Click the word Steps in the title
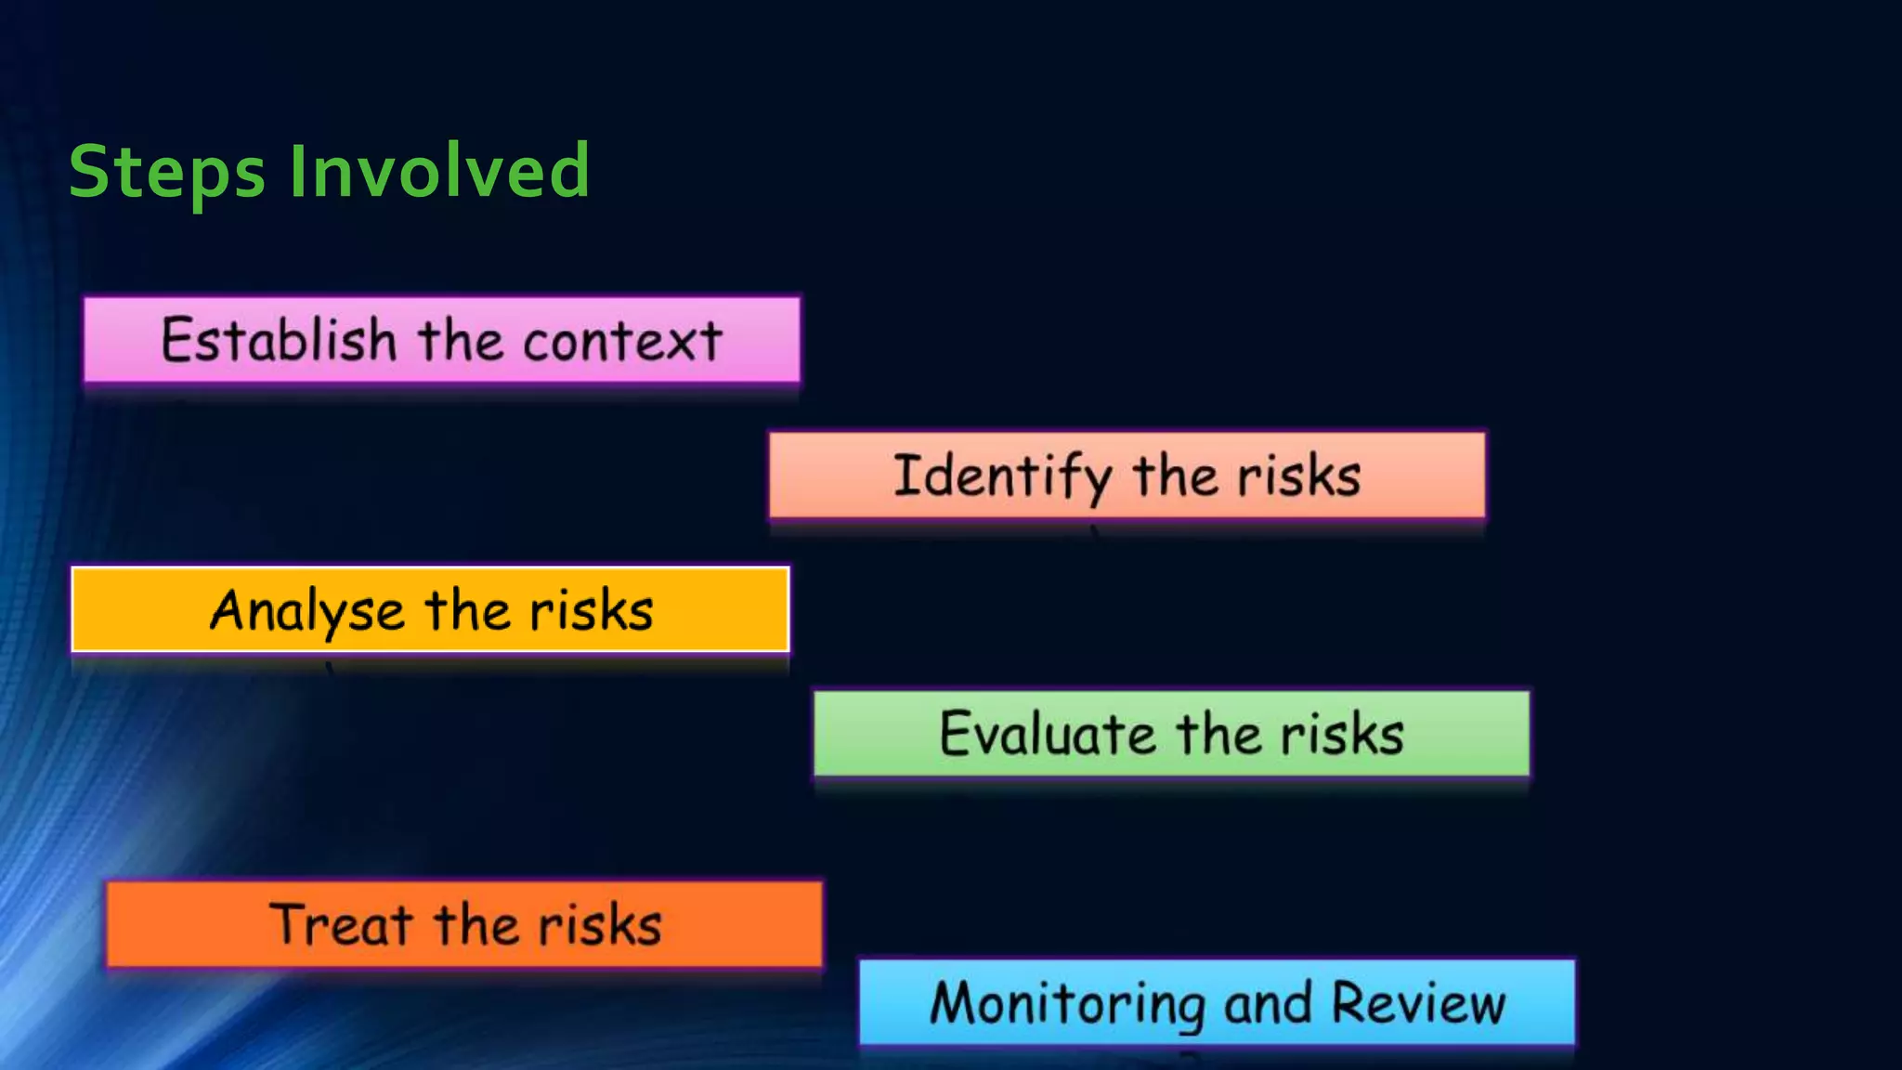point(167,173)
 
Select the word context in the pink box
point(622,341)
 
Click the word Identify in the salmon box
point(1002,476)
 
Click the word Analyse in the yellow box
point(306,611)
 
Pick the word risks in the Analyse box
point(592,611)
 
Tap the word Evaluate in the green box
point(1048,734)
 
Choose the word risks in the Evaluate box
point(1343,734)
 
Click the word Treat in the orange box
point(341,925)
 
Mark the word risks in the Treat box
point(600,925)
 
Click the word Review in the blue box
point(1418,1004)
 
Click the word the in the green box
point(1218,734)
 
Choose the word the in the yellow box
point(467,611)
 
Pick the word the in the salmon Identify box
point(1175,476)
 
